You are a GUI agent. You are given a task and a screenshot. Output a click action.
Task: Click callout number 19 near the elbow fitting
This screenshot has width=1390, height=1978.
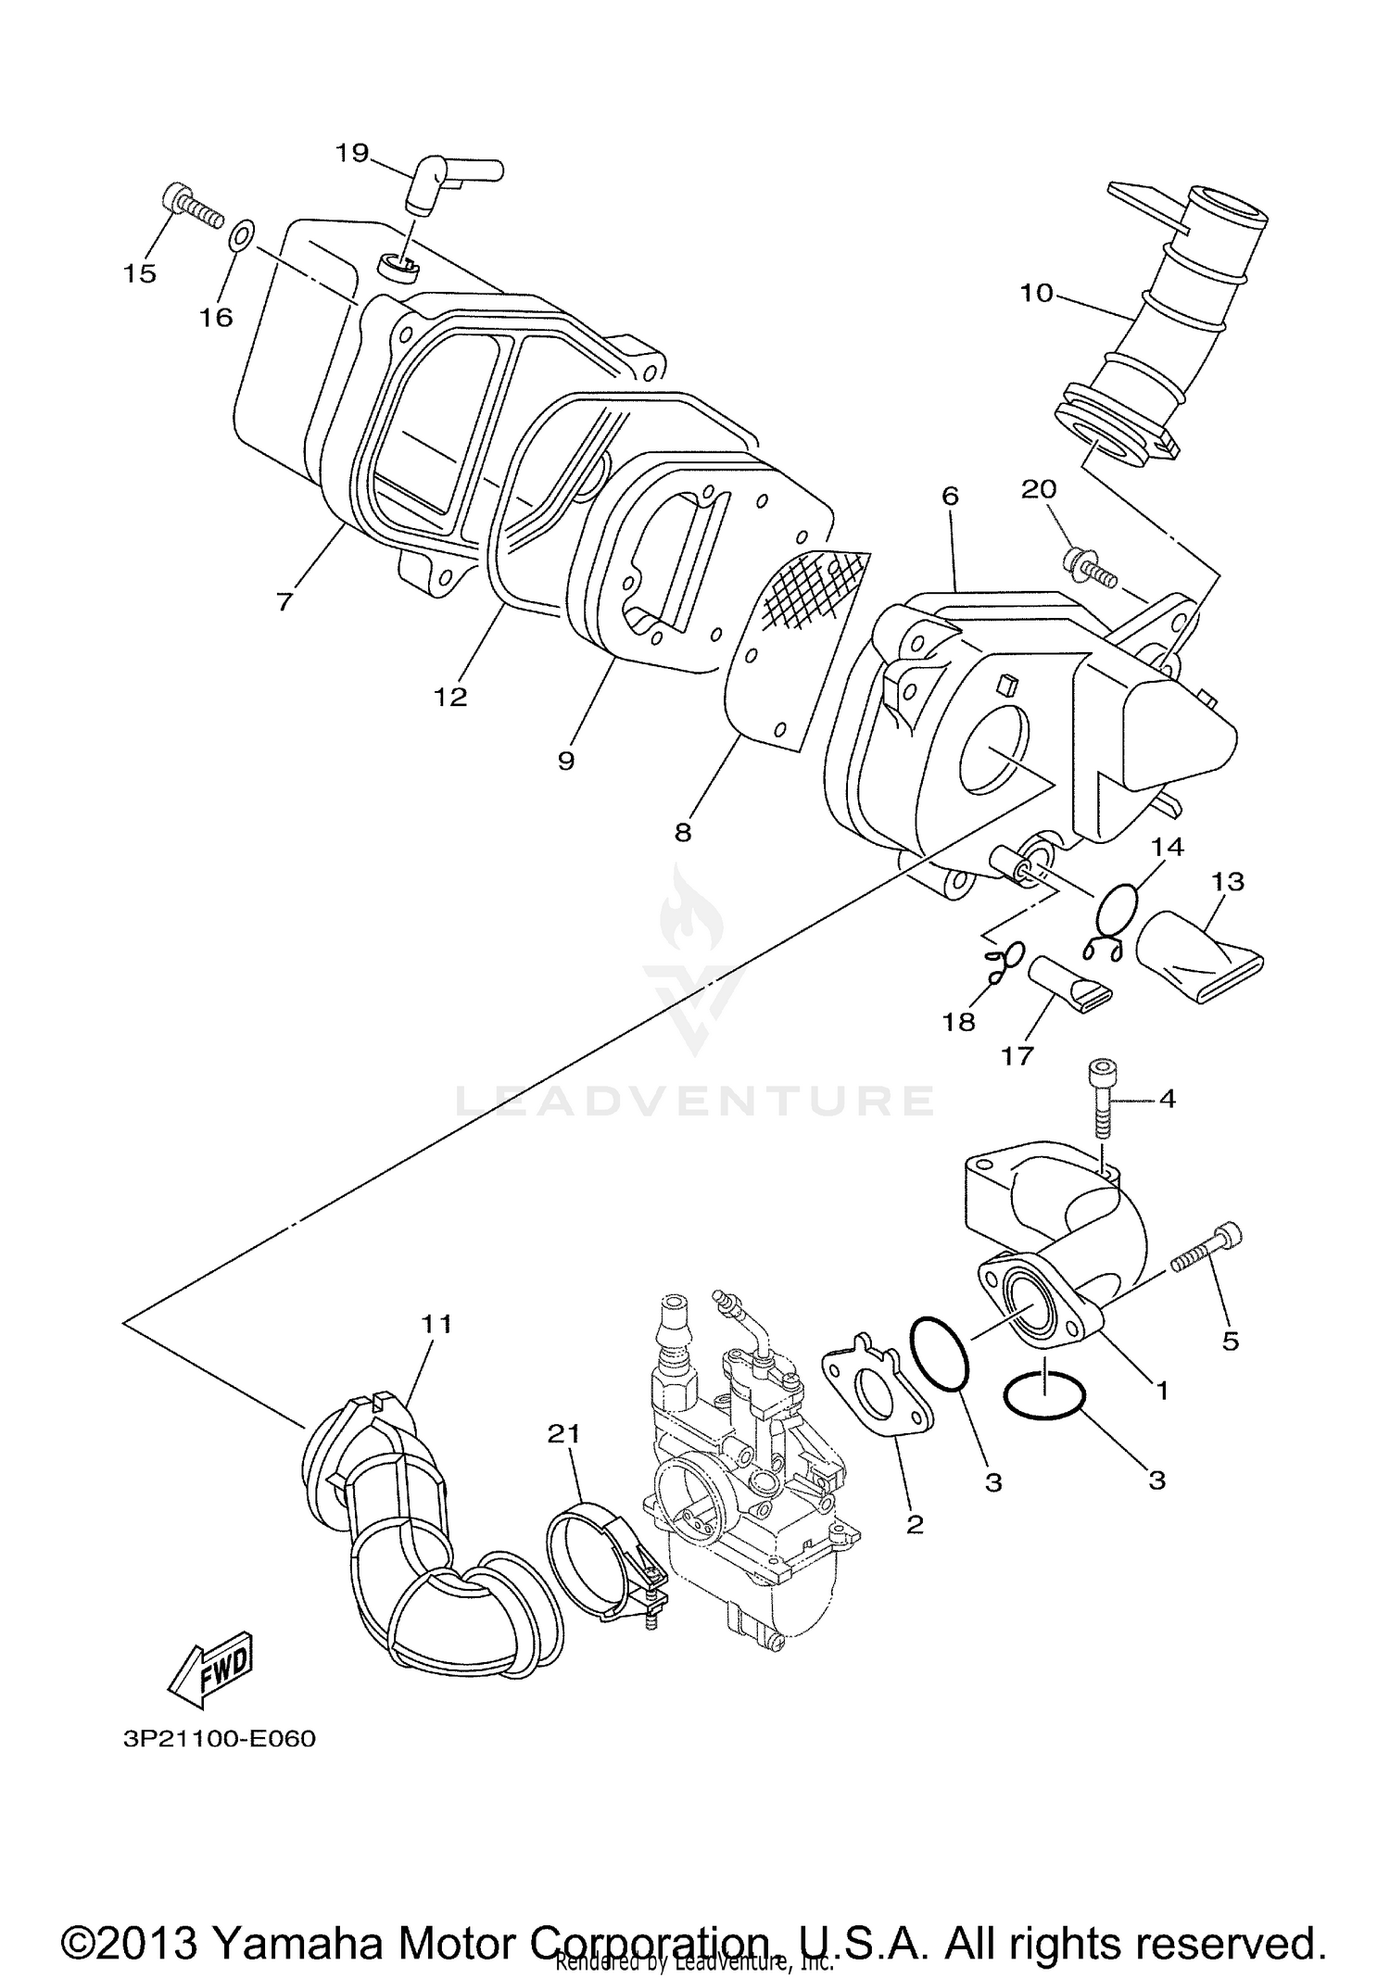(352, 153)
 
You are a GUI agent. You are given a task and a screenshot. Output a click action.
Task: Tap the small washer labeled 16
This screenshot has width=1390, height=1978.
(238, 236)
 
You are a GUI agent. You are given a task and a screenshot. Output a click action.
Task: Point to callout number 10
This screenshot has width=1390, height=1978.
(1036, 294)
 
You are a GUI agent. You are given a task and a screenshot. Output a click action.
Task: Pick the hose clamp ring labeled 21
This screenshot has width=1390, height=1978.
(588, 1561)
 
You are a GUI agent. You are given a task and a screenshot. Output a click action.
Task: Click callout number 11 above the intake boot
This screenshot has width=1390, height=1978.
(436, 1325)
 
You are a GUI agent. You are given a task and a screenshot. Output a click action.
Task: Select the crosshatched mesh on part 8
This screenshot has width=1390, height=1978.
(806, 592)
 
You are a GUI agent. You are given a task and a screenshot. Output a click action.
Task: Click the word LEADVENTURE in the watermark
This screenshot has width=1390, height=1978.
(695, 1101)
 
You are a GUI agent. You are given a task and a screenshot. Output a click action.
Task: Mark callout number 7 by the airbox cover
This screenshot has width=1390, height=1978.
(284, 601)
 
